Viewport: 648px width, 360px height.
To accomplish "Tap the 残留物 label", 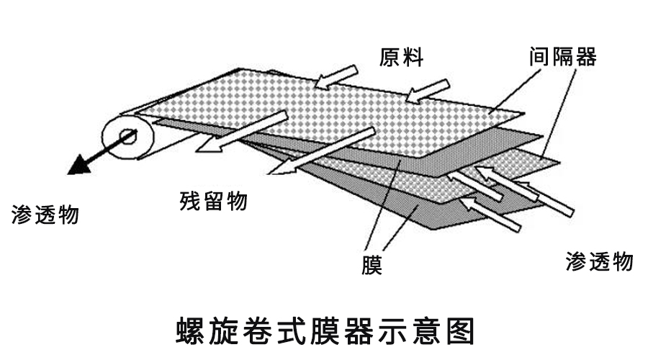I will [x=213, y=201].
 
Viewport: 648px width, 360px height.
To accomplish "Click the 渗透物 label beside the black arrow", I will [x=45, y=214].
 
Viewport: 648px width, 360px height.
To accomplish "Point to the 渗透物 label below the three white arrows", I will [x=599, y=261].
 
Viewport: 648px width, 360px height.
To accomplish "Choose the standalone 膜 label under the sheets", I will [x=372, y=266].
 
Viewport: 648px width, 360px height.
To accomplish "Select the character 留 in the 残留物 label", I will [x=213, y=201].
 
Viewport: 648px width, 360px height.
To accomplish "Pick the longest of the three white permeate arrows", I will [x=526, y=192].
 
